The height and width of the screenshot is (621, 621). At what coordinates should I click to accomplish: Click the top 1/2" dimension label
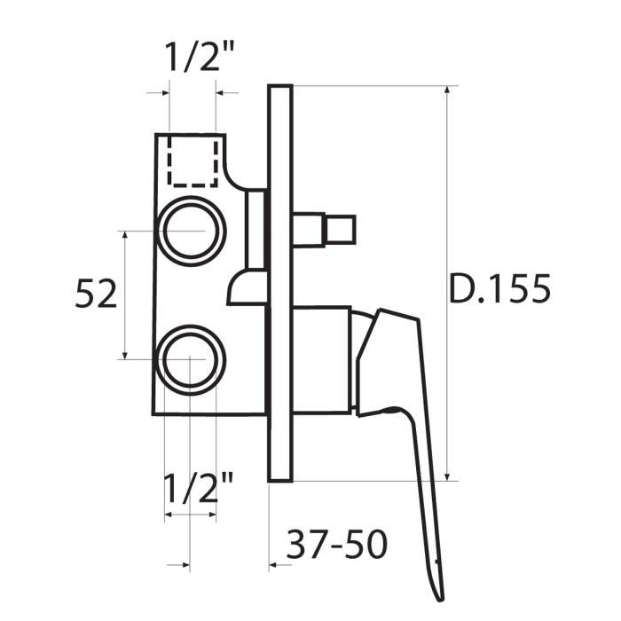coord(200,57)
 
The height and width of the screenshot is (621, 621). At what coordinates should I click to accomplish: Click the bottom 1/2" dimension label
coord(198,487)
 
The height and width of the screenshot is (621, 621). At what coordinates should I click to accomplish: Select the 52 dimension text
coord(96,294)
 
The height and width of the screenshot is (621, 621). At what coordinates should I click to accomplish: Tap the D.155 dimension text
coord(499,288)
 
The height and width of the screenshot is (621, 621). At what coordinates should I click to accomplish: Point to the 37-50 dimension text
coord(336,544)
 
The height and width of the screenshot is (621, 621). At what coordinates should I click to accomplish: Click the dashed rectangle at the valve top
coord(193,161)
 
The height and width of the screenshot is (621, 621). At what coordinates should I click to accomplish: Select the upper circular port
coord(192,232)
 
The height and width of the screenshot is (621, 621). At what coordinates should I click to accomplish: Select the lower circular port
coord(191,360)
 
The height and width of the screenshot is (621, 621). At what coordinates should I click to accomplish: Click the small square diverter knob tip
coord(340,230)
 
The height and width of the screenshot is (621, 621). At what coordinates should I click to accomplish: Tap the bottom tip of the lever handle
coord(439,600)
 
